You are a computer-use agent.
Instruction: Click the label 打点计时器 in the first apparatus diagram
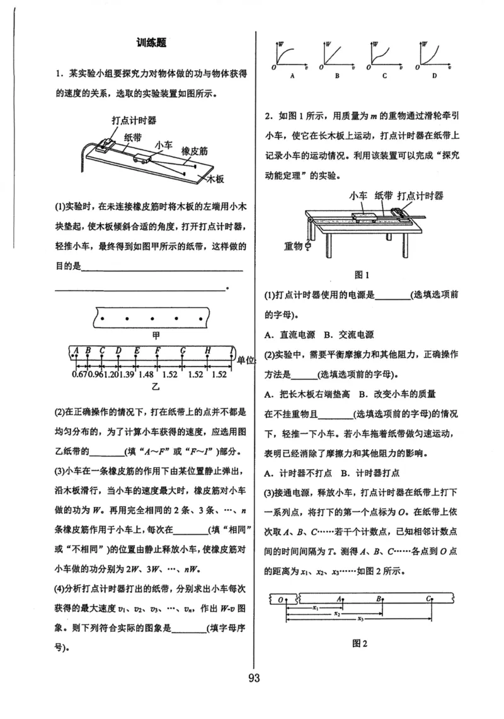[x=134, y=120]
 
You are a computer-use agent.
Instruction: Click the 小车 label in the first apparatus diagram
[x=163, y=146]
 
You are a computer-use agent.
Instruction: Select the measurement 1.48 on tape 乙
[x=146, y=375]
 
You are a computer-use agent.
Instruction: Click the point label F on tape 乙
[x=157, y=351]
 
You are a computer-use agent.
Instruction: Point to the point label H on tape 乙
[x=207, y=351]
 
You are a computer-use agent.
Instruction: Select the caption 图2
[x=360, y=644]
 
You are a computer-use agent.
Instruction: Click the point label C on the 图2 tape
[x=428, y=599]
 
